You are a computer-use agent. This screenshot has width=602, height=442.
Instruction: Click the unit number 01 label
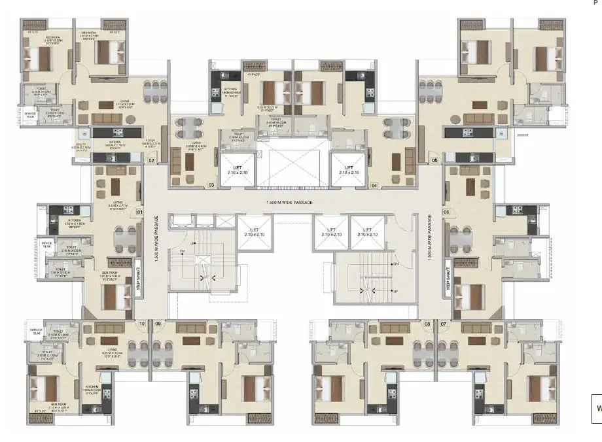tap(139, 212)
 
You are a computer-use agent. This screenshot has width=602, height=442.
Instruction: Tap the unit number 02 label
tap(151, 160)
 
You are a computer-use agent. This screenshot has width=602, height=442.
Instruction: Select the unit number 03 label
tap(211, 186)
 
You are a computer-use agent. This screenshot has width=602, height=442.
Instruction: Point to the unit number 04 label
tap(374, 186)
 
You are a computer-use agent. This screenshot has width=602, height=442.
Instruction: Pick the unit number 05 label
tap(434, 160)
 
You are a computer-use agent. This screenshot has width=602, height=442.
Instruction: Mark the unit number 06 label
tap(446, 212)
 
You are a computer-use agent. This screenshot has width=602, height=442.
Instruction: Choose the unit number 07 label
tap(444, 324)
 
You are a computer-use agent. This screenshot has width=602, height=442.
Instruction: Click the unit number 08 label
tap(427, 324)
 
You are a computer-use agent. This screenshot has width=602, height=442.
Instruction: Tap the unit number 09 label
tap(158, 324)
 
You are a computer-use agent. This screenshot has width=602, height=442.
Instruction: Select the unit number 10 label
tap(141, 324)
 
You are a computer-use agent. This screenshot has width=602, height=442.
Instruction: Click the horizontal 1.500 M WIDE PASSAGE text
tap(292, 203)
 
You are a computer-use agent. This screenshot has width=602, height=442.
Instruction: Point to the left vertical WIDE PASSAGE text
tap(156, 239)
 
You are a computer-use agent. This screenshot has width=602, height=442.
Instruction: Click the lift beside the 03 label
tap(238, 170)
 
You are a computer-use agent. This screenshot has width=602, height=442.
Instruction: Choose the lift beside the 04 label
tap(347, 170)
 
